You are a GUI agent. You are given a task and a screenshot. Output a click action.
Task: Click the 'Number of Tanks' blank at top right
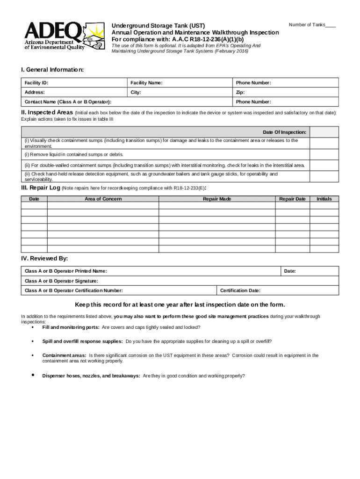(330, 25)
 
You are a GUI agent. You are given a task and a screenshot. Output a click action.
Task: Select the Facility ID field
(75, 83)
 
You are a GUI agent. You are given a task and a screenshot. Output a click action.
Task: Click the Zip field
(286, 93)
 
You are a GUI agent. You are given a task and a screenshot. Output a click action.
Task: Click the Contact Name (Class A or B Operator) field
(127, 102)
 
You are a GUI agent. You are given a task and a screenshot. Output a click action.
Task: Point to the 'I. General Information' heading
(52, 69)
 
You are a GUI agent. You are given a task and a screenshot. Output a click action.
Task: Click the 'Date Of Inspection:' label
(284, 132)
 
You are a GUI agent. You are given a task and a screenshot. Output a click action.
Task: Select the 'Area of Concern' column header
(103, 199)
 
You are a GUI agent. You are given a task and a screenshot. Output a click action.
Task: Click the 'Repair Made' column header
(216, 199)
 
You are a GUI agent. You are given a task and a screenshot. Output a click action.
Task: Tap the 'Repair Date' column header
(292, 199)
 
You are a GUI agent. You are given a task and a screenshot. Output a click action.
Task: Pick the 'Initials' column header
(324, 199)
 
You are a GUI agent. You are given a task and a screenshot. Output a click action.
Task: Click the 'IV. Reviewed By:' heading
(44, 258)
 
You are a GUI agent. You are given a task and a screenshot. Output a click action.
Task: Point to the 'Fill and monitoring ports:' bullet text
(70, 327)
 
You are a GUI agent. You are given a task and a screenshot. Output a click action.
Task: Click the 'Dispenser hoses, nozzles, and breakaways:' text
(91, 376)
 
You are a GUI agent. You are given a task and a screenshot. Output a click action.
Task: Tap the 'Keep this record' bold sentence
(180, 304)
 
